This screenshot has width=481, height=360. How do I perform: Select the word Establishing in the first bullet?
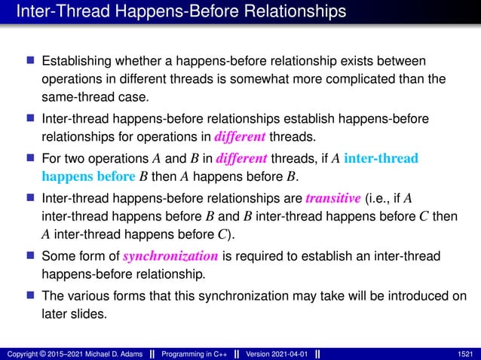pyautogui.click(x=76, y=59)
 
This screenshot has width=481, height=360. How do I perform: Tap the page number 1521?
pyautogui.click(x=467, y=353)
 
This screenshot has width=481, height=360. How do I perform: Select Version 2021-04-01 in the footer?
pyautogui.click(x=277, y=353)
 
